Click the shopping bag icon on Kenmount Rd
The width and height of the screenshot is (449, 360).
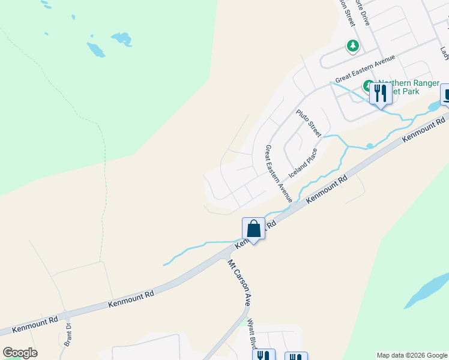[253, 229]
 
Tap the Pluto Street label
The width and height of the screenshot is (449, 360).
[309, 122]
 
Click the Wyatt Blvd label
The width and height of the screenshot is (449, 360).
[253, 332]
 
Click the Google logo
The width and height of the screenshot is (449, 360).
[20, 353]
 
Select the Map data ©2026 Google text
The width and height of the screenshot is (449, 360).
[412, 355]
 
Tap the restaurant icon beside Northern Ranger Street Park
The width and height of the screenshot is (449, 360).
[380, 94]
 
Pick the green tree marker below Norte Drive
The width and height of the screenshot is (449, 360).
[353, 46]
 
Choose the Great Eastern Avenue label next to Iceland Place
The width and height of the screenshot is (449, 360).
[279, 173]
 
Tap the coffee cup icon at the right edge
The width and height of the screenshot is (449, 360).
[447, 94]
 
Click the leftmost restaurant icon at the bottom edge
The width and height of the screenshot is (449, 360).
[264, 356]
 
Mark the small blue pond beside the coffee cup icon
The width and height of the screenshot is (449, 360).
[433, 107]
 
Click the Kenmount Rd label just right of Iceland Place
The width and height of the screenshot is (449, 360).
[327, 189]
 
